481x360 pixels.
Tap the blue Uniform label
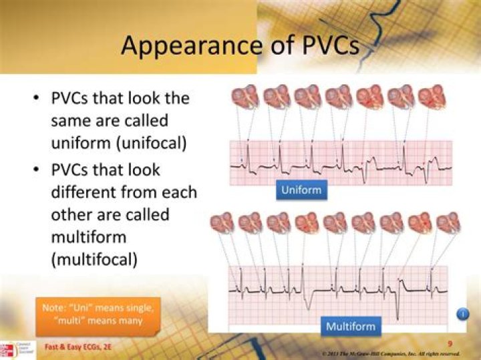coord(301,190)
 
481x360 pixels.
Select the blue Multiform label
coord(350,327)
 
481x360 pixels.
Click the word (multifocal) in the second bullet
coord(94,259)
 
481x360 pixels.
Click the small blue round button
coord(462,314)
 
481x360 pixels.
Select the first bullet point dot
coord(36,99)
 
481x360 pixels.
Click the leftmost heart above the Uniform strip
coord(245,97)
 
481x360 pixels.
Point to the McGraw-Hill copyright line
coord(390,352)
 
